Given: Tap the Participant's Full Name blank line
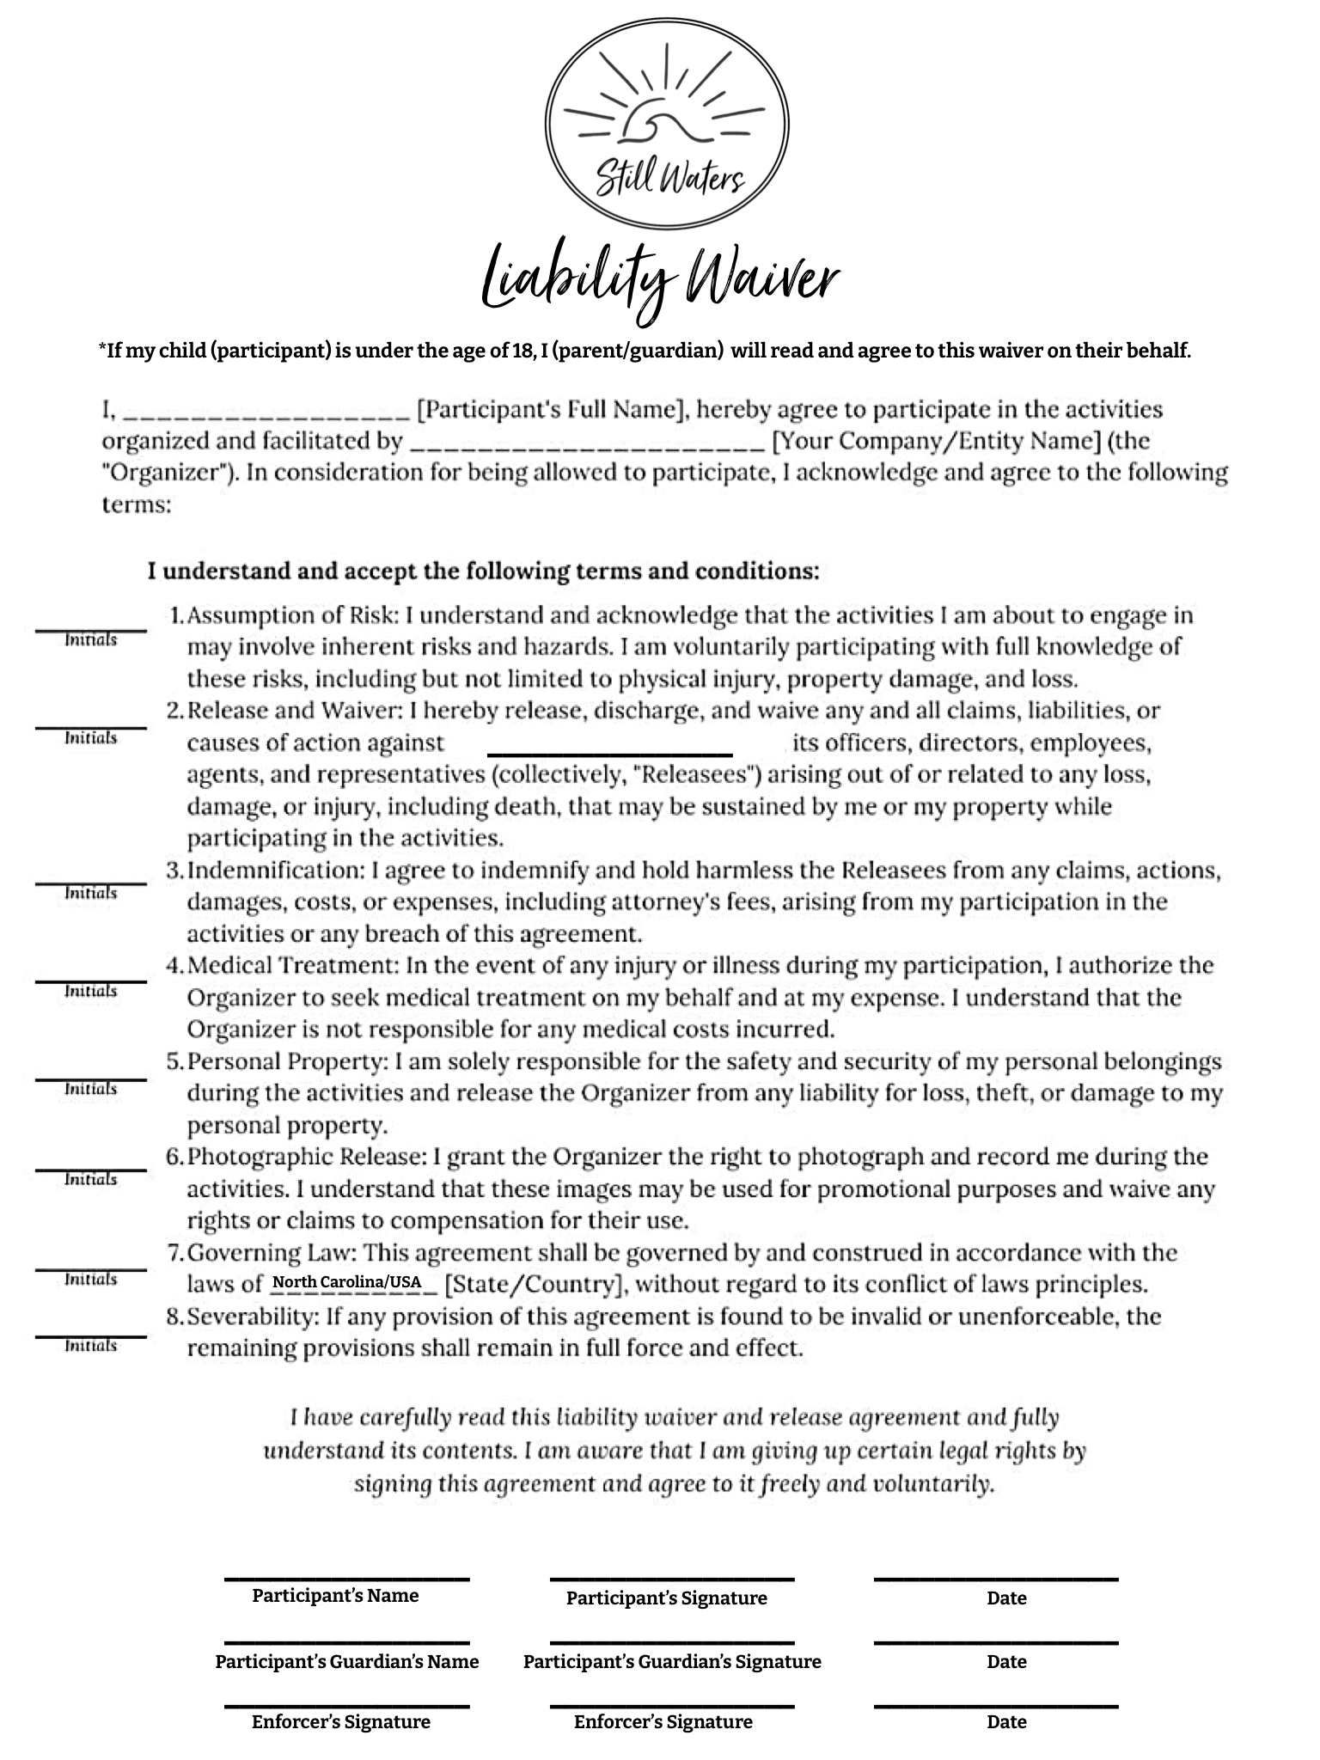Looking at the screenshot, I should pos(266,413).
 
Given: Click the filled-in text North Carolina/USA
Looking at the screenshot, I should pos(347,1283).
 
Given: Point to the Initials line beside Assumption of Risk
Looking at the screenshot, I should pos(90,630).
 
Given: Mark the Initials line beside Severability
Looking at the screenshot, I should pos(90,1336).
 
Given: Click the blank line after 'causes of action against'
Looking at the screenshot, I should pos(610,754).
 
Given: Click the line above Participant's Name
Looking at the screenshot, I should pos(347,1579).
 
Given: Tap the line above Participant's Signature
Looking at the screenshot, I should pos(672,1579).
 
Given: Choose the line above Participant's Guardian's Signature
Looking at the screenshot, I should pos(672,1643).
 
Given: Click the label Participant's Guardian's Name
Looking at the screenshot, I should pos(347,1661).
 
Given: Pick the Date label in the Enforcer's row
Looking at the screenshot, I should pos(1006,1721).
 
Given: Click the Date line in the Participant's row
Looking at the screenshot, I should pos(996,1579).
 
